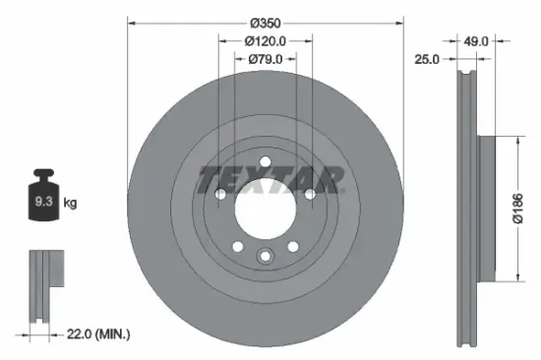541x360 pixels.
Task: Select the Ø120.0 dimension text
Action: (265, 41)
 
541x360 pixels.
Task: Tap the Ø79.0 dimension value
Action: (265, 59)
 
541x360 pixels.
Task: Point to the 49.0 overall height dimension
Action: (476, 40)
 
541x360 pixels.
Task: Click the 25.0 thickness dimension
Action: (426, 60)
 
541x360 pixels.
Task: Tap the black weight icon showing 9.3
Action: (44, 202)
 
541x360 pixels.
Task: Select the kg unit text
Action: (71, 203)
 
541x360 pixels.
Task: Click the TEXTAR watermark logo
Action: (270, 181)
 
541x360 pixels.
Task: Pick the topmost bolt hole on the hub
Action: (265, 162)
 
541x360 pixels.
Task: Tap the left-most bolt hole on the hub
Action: (219, 195)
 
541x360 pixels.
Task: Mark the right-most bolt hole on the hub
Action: (310, 195)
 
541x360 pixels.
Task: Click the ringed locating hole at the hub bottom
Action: (265, 258)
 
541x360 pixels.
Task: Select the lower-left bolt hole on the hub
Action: (236, 247)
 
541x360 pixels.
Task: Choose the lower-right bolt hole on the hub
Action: (293, 247)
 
